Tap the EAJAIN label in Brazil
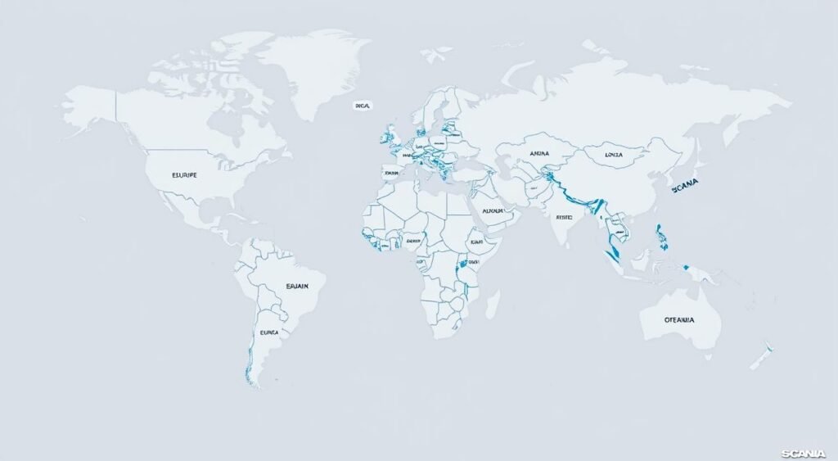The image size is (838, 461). pos(297,286)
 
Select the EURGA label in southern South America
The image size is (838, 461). pos(269,333)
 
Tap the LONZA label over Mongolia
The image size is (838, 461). pos(614,154)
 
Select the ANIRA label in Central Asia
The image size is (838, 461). pos(538,153)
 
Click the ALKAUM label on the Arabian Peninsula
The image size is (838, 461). pos(493,210)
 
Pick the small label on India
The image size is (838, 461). pos(565,218)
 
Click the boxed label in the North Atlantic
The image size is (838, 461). pos(363,106)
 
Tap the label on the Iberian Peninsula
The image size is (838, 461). pos(391,173)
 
